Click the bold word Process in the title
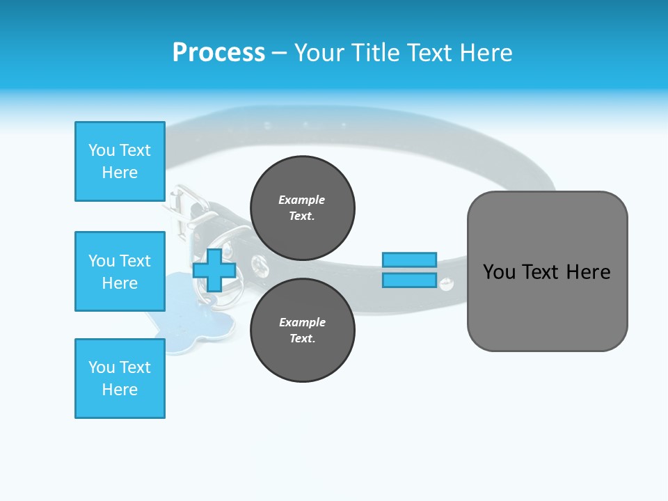(x=218, y=53)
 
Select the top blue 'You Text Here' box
(x=120, y=161)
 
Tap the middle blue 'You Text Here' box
(x=120, y=271)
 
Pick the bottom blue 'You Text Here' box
(x=120, y=379)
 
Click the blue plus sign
(x=214, y=270)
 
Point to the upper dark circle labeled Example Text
(x=302, y=208)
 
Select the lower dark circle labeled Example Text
(x=302, y=331)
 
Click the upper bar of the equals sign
(x=409, y=260)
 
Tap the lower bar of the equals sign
(x=409, y=280)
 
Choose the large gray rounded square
(x=547, y=271)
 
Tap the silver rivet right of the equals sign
(x=447, y=283)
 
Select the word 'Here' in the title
(x=486, y=53)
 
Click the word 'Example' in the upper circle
(x=302, y=200)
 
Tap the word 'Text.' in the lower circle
(x=302, y=339)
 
